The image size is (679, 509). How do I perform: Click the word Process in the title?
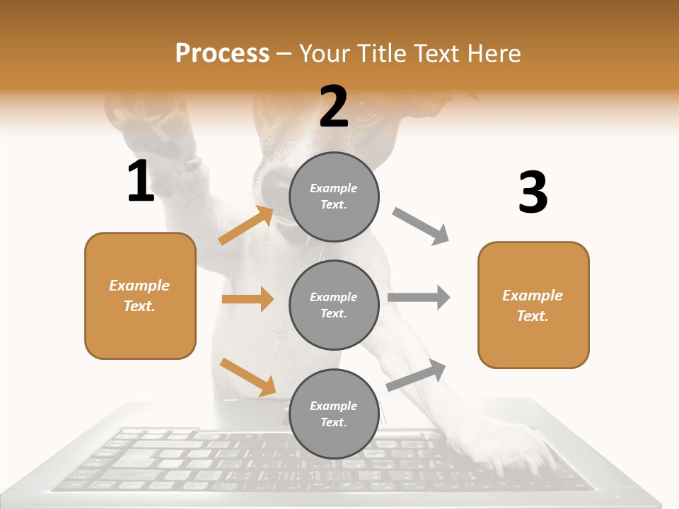pyautogui.click(x=222, y=53)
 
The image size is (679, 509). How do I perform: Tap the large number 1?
pyautogui.click(x=140, y=182)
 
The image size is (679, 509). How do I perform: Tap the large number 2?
pyautogui.click(x=334, y=107)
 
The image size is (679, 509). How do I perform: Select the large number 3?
pyautogui.click(x=533, y=193)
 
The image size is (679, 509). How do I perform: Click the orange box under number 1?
pyautogui.click(x=140, y=296)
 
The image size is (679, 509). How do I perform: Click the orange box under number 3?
pyautogui.click(x=533, y=305)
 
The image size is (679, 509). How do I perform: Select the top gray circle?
pyautogui.click(x=334, y=197)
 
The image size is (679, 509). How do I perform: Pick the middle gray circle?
pyautogui.click(x=334, y=305)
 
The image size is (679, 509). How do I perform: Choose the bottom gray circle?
pyautogui.click(x=334, y=414)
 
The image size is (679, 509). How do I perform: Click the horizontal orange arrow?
pyautogui.click(x=248, y=299)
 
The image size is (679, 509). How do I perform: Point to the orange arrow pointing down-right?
pyautogui.click(x=248, y=377)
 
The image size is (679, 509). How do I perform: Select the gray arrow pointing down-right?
pyautogui.click(x=421, y=226)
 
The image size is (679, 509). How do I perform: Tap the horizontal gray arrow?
pyautogui.click(x=419, y=297)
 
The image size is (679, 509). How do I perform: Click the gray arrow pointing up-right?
pyautogui.click(x=416, y=375)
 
